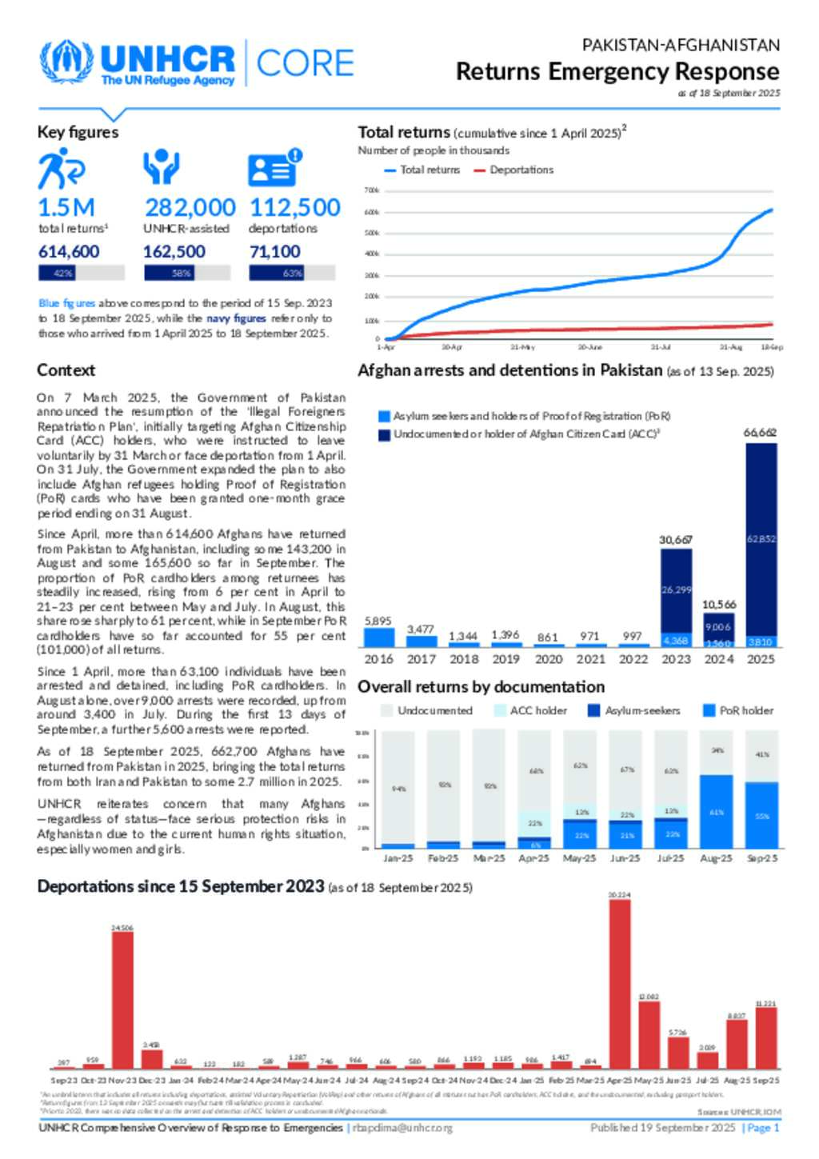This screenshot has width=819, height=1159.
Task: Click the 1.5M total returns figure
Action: [66, 207]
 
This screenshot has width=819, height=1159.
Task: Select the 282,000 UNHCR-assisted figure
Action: [190, 207]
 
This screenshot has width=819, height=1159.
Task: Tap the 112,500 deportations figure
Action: [295, 207]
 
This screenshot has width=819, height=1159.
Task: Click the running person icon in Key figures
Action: [60, 169]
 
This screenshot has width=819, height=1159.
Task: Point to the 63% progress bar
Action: [292, 273]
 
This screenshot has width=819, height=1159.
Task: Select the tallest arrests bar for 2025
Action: [761, 544]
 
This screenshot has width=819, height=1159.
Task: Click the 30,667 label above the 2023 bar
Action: [675, 540]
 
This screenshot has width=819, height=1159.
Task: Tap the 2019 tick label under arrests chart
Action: [505, 659]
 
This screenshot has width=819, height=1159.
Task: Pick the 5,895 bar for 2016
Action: [379, 637]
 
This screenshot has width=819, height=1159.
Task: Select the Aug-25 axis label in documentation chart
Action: [716, 858]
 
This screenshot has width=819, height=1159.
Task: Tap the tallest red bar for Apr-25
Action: [619, 984]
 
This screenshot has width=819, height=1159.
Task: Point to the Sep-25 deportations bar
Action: [765, 1037]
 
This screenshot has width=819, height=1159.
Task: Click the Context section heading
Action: [66, 370]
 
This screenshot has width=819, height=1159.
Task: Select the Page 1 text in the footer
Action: [762, 1128]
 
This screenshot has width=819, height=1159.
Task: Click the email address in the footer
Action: [402, 1128]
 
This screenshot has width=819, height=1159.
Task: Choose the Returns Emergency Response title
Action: [617, 71]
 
